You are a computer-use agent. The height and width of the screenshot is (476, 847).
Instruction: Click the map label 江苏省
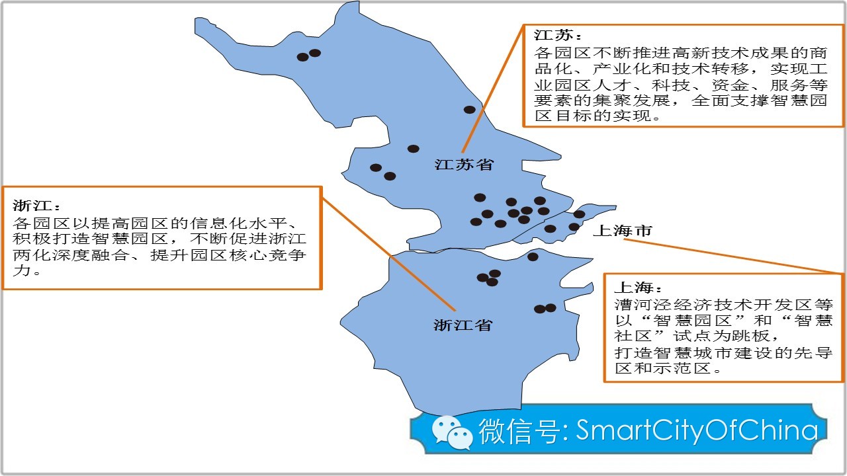(464, 165)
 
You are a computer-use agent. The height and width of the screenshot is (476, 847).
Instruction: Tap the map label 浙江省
(463, 325)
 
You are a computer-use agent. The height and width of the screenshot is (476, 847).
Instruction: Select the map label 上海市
(622, 231)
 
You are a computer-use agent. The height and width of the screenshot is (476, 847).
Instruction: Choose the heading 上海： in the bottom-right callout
(637, 288)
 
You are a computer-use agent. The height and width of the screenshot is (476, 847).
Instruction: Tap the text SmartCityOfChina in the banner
(697, 430)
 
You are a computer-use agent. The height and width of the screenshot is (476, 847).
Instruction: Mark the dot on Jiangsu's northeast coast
(469, 110)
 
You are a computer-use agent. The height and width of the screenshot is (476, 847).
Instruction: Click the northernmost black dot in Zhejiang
(533, 257)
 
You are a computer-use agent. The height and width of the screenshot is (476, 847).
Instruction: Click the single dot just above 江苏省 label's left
(413, 149)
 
